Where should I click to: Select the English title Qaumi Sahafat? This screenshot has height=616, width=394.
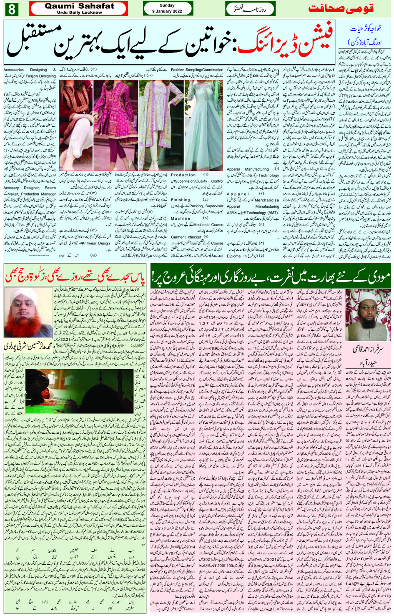[x=79, y=6]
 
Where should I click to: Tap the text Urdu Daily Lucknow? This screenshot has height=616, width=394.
[x=79, y=13]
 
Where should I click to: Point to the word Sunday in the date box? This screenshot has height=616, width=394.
[x=167, y=5]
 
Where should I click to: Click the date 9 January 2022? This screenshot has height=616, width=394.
[x=167, y=11]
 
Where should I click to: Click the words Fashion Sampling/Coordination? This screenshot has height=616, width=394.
[x=197, y=70]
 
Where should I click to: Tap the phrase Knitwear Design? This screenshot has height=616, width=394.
[x=97, y=243]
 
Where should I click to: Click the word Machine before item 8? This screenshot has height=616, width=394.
[x=181, y=218]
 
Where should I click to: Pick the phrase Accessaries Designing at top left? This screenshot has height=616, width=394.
[x=25, y=70]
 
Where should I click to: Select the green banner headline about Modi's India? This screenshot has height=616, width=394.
[x=271, y=275]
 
